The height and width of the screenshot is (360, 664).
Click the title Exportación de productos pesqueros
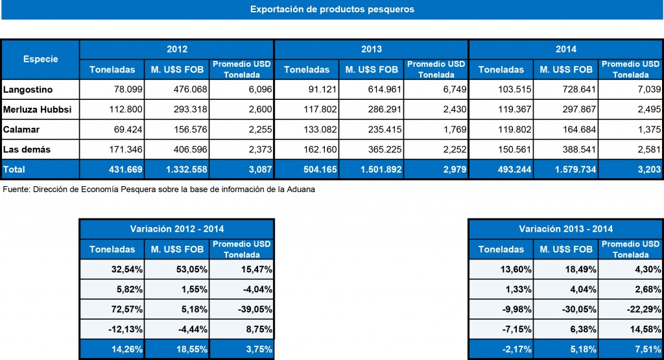coord(331,10)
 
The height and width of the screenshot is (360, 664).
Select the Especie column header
coord(40,59)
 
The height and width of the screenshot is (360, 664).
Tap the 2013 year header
coord(371,49)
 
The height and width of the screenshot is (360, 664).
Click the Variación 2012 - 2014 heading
coord(176,229)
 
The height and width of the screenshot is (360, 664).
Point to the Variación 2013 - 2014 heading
coord(565,229)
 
